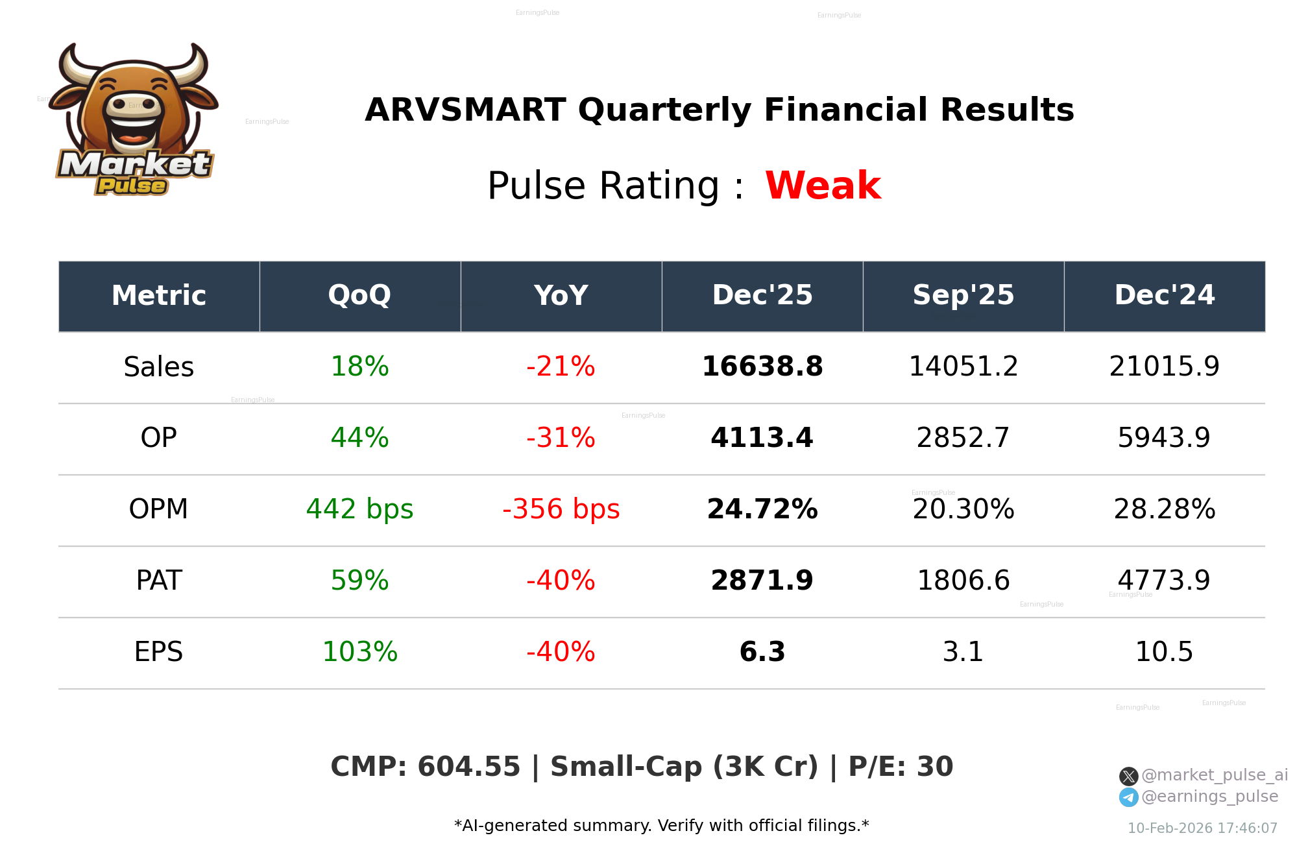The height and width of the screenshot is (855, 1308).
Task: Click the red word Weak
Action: (x=823, y=186)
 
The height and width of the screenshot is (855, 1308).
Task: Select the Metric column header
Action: (x=159, y=296)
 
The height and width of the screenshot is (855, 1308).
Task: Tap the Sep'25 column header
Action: (x=963, y=296)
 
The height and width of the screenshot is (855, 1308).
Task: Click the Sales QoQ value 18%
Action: (x=359, y=367)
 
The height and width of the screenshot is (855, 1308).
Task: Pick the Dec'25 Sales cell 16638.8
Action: (x=762, y=367)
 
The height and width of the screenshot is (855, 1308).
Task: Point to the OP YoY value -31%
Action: (x=561, y=438)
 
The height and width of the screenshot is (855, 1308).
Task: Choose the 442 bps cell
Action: (x=359, y=509)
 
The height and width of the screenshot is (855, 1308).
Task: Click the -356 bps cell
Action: (x=561, y=509)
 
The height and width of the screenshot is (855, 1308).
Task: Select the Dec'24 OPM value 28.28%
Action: (x=1164, y=509)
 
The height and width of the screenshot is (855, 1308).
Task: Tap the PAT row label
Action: (x=159, y=581)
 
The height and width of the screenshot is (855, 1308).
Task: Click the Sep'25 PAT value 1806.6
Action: (x=963, y=581)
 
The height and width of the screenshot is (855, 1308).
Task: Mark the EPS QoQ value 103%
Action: (x=359, y=652)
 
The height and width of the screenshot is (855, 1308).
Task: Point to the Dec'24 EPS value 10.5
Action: (x=1164, y=652)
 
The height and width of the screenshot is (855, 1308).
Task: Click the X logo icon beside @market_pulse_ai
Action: (x=1128, y=776)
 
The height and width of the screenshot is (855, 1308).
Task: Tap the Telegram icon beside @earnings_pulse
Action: (x=1128, y=797)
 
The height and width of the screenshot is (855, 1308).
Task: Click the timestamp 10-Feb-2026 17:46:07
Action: (x=1202, y=828)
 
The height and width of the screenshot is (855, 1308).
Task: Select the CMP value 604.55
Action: (x=468, y=767)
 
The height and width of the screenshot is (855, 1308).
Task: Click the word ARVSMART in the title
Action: (x=465, y=110)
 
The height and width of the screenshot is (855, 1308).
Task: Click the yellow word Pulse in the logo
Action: (x=132, y=186)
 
